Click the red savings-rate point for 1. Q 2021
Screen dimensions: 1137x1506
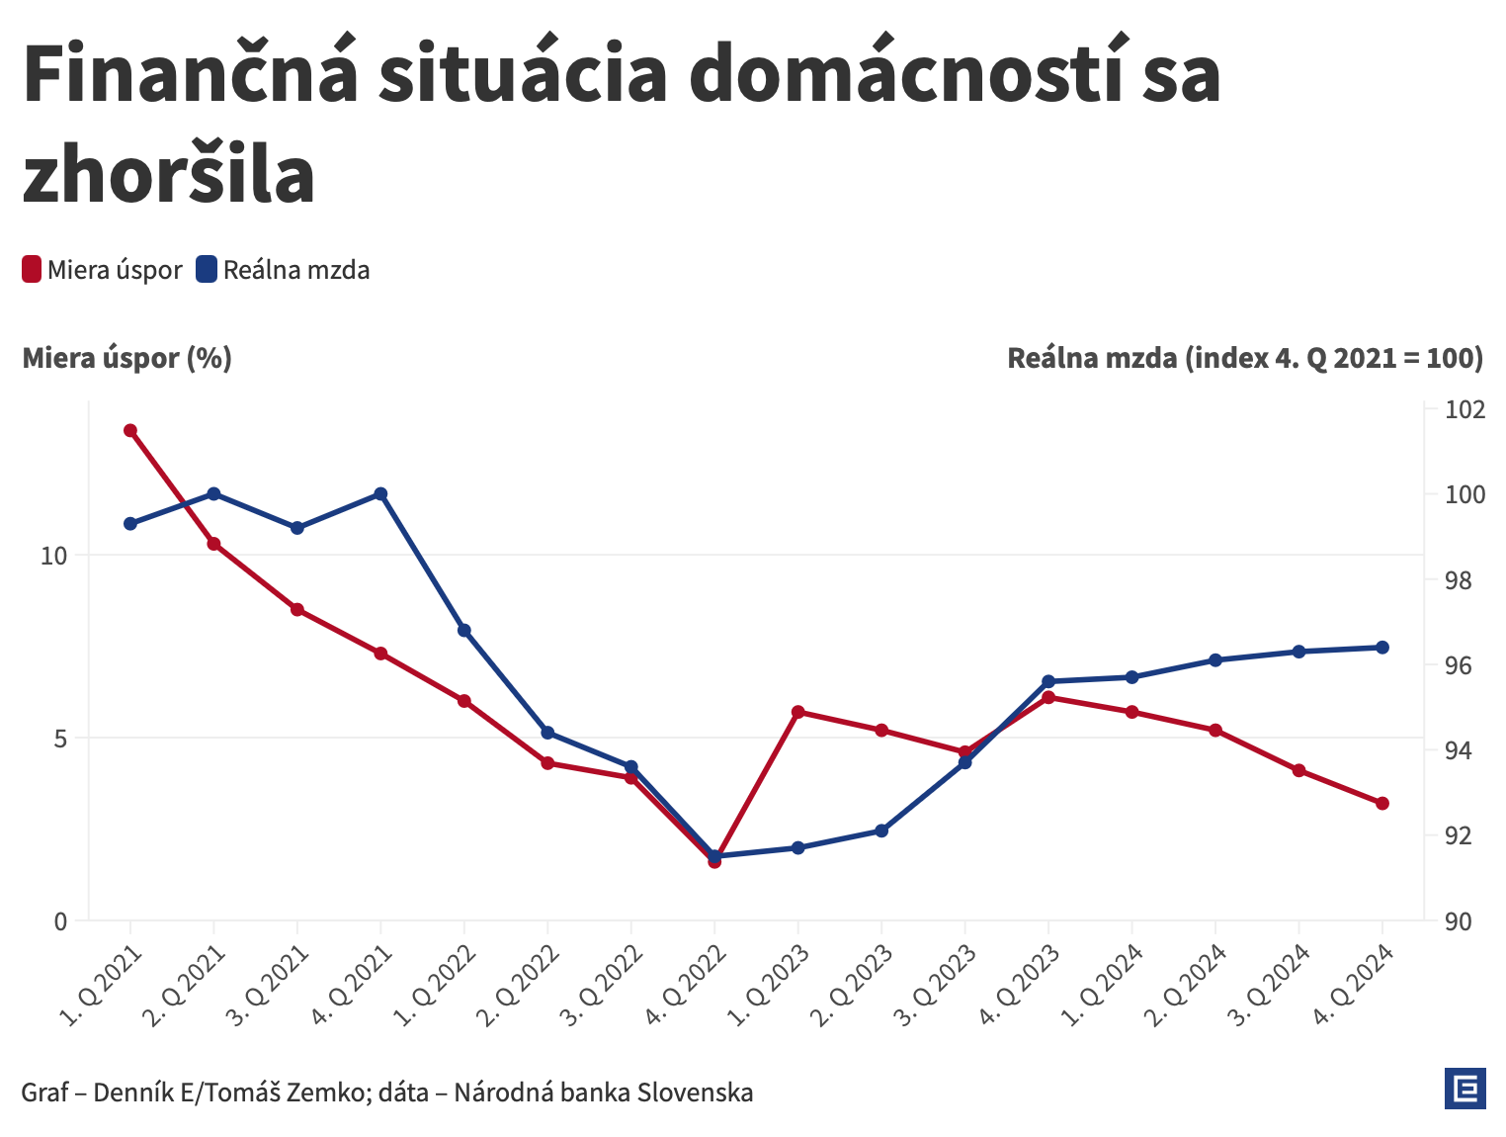click(x=130, y=430)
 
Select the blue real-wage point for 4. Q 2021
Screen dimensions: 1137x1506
click(x=380, y=493)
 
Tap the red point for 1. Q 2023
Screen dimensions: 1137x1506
click(x=798, y=712)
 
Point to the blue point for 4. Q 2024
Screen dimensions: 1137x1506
click(x=1382, y=648)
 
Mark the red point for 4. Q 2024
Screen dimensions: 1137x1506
click(x=1382, y=803)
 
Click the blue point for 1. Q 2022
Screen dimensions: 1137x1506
click(x=464, y=630)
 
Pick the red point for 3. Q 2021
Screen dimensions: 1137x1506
click(x=297, y=609)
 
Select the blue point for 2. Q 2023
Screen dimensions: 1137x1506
click(x=881, y=831)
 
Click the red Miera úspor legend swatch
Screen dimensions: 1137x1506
click(x=32, y=269)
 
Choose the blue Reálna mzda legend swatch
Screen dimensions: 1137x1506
click(x=207, y=269)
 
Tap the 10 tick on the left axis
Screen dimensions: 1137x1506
click(x=53, y=556)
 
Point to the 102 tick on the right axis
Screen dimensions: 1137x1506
click(x=1464, y=409)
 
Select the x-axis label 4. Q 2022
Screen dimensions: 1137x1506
click(x=688, y=984)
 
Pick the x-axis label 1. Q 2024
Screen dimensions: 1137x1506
click(x=1105, y=984)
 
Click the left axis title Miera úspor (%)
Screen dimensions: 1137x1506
click(x=127, y=358)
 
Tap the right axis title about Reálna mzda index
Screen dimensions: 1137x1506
click(x=1245, y=358)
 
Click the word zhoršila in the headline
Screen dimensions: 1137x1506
click(x=169, y=175)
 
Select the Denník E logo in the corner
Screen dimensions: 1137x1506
click(x=1464, y=1089)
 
